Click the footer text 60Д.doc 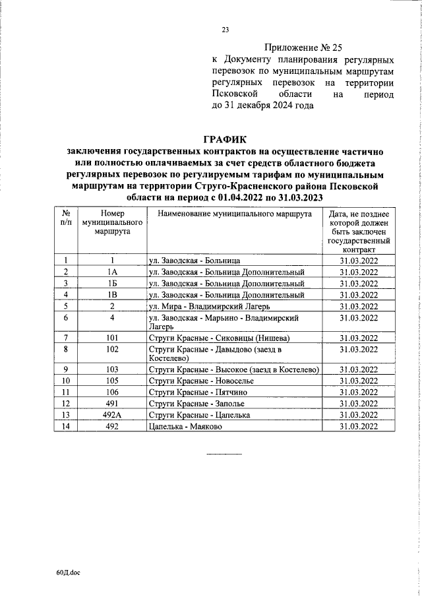click(67, 573)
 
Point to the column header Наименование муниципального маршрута click(233, 234)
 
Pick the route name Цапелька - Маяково click(187, 426)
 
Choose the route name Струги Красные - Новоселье click(196, 380)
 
